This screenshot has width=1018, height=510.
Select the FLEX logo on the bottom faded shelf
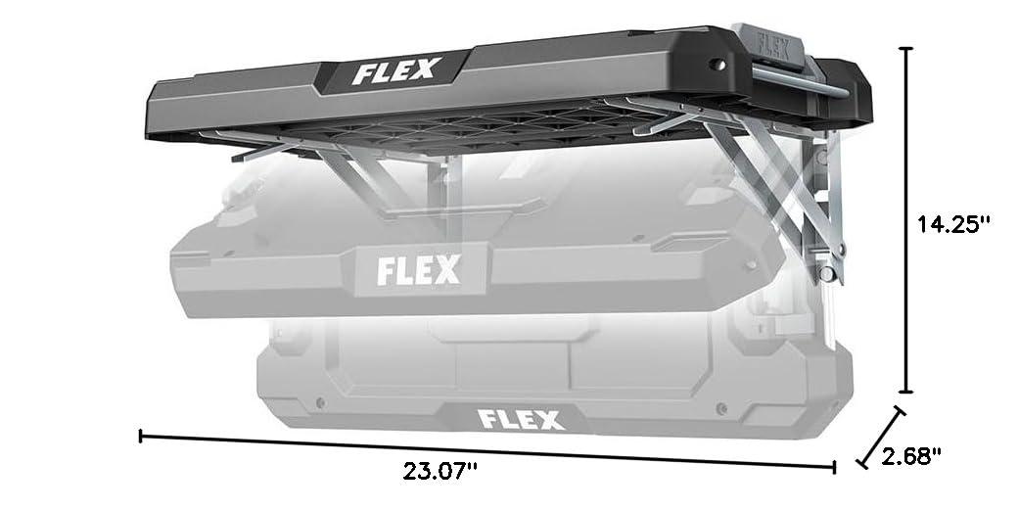click(520, 420)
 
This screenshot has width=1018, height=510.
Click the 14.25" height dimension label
click(953, 224)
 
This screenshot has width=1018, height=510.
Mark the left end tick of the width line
click(143, 434)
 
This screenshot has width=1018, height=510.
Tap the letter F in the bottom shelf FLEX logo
click(486, 420)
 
